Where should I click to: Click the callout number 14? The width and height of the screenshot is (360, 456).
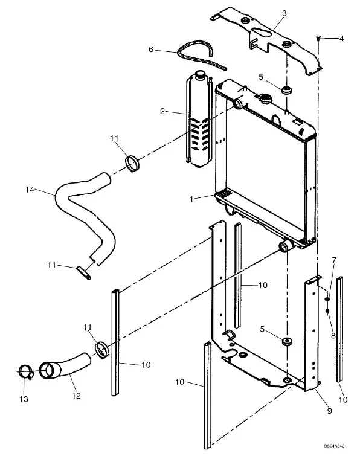pos(30,190)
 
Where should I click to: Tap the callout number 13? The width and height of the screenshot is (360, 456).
pos(24,399)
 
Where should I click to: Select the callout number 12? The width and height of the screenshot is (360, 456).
pos(76,396)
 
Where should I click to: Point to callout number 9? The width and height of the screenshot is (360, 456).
pos(329,411)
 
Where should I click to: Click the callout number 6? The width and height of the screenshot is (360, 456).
pos(150,50)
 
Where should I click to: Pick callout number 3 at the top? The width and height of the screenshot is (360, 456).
pos(284,13)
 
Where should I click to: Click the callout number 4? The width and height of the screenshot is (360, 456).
pos(342,39)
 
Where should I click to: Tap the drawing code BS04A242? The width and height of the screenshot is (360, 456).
pos(335,446)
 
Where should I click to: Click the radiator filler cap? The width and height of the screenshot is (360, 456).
pos(265,98)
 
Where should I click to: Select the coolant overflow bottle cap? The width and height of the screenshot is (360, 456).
pos(200,74)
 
